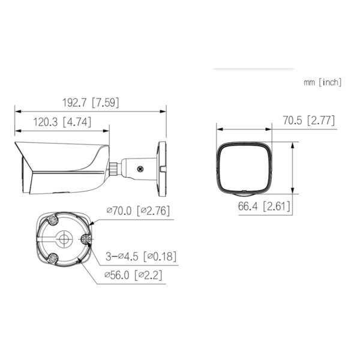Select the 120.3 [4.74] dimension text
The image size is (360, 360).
pyautogui.click(x=62, y=122)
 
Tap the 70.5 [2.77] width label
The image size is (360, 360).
pyautogui.click(x=308, y=121)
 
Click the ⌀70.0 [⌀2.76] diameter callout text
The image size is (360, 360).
pyautogui.click(x=139, y=211)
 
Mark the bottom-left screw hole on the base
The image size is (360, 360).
pyautogui.click(x=53, y=259)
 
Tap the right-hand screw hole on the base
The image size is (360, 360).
pyautogui.click(x=86, y=240)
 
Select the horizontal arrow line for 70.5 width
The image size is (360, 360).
pyautogui.click(x=244, y=128)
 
